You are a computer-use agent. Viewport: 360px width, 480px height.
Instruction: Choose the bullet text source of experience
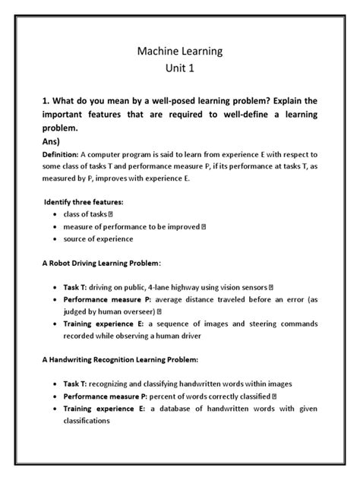(98, 238)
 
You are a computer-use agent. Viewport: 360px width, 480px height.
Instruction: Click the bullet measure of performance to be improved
(131, 227)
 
